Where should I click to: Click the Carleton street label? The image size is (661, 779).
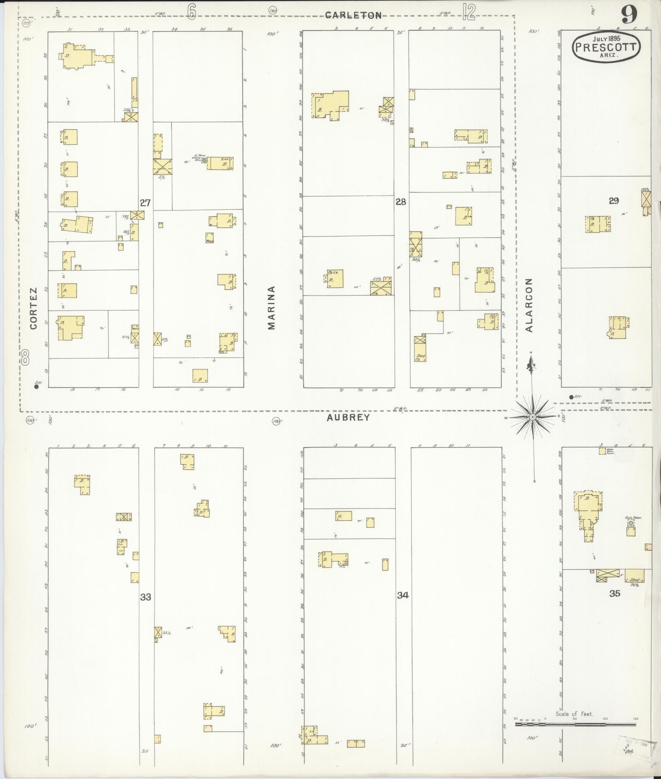click(353, 15)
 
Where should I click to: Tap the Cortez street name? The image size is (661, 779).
click(33, 308)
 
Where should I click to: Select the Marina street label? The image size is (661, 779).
click(271, 308)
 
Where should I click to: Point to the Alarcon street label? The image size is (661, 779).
click(528, 305)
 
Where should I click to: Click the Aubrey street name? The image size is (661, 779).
click(349, 417)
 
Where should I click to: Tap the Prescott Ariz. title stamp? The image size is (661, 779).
click(606, 47)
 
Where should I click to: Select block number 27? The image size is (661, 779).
click(145, 203)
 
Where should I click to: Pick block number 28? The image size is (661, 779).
click(401, 202)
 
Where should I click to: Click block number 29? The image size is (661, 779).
click(613, 200)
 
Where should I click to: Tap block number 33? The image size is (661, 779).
click(146, 597)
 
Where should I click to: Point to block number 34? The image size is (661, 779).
click(403, 595)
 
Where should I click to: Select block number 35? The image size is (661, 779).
click(615, 594)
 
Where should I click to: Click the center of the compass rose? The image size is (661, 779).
click(532, 417)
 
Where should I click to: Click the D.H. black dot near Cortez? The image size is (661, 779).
click(36, 387)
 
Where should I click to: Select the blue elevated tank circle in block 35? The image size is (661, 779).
click(631, 524)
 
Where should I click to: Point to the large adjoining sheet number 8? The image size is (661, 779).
click(26, 358)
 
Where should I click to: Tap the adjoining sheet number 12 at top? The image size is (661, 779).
click(469, 12)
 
